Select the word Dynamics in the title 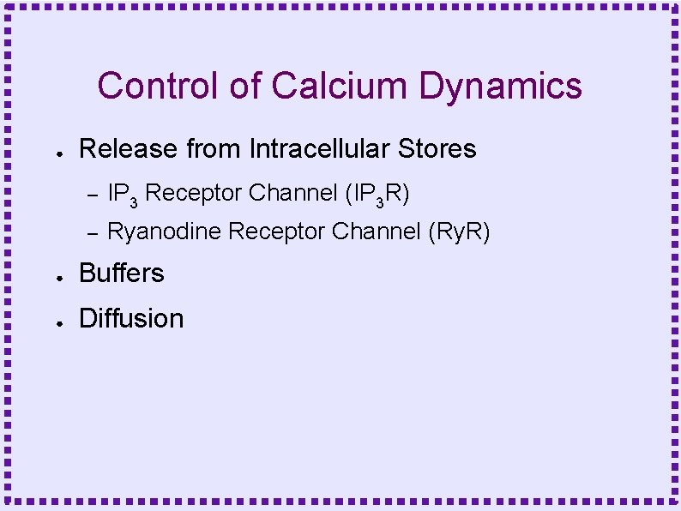click(x=501, y=87)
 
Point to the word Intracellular click(x=321, y=149)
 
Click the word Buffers click(x=121, y=273)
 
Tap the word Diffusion click(x=131, y=319)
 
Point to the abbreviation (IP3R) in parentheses click(x=376, y=195)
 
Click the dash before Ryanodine click(x=93, y=232)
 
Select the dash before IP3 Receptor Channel click(x=93, y=195)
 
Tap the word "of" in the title click(x=247, y=87)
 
